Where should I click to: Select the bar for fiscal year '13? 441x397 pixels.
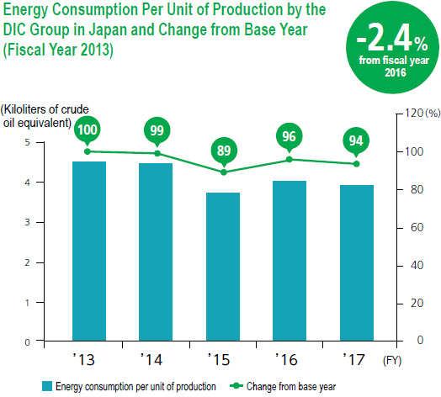[89, 251]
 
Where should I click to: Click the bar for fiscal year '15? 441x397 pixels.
[223, 267]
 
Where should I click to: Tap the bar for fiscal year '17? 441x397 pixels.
[357, 263]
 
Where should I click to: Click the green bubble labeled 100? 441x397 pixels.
[88, 130]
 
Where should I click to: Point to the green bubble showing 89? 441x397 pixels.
[224, 151]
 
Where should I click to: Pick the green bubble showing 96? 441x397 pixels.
[290, 137]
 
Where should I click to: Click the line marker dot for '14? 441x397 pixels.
[157, 153]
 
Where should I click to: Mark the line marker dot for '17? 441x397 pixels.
[356, 164]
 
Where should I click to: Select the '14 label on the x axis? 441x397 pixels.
[151, 360]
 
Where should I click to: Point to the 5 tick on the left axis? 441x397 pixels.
[27, 142]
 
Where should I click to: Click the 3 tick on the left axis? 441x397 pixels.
[27, 222]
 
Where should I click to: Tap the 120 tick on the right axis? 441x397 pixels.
[414, 114]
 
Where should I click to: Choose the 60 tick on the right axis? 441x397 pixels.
[417, 227]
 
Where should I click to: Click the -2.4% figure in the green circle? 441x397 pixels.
[392, 39]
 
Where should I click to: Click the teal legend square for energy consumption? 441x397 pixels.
[47, 386]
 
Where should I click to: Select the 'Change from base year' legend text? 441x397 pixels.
[291, 387]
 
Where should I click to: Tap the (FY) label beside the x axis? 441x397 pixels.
[392, 360]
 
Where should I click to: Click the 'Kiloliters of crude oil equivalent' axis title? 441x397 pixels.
[45, 116]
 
